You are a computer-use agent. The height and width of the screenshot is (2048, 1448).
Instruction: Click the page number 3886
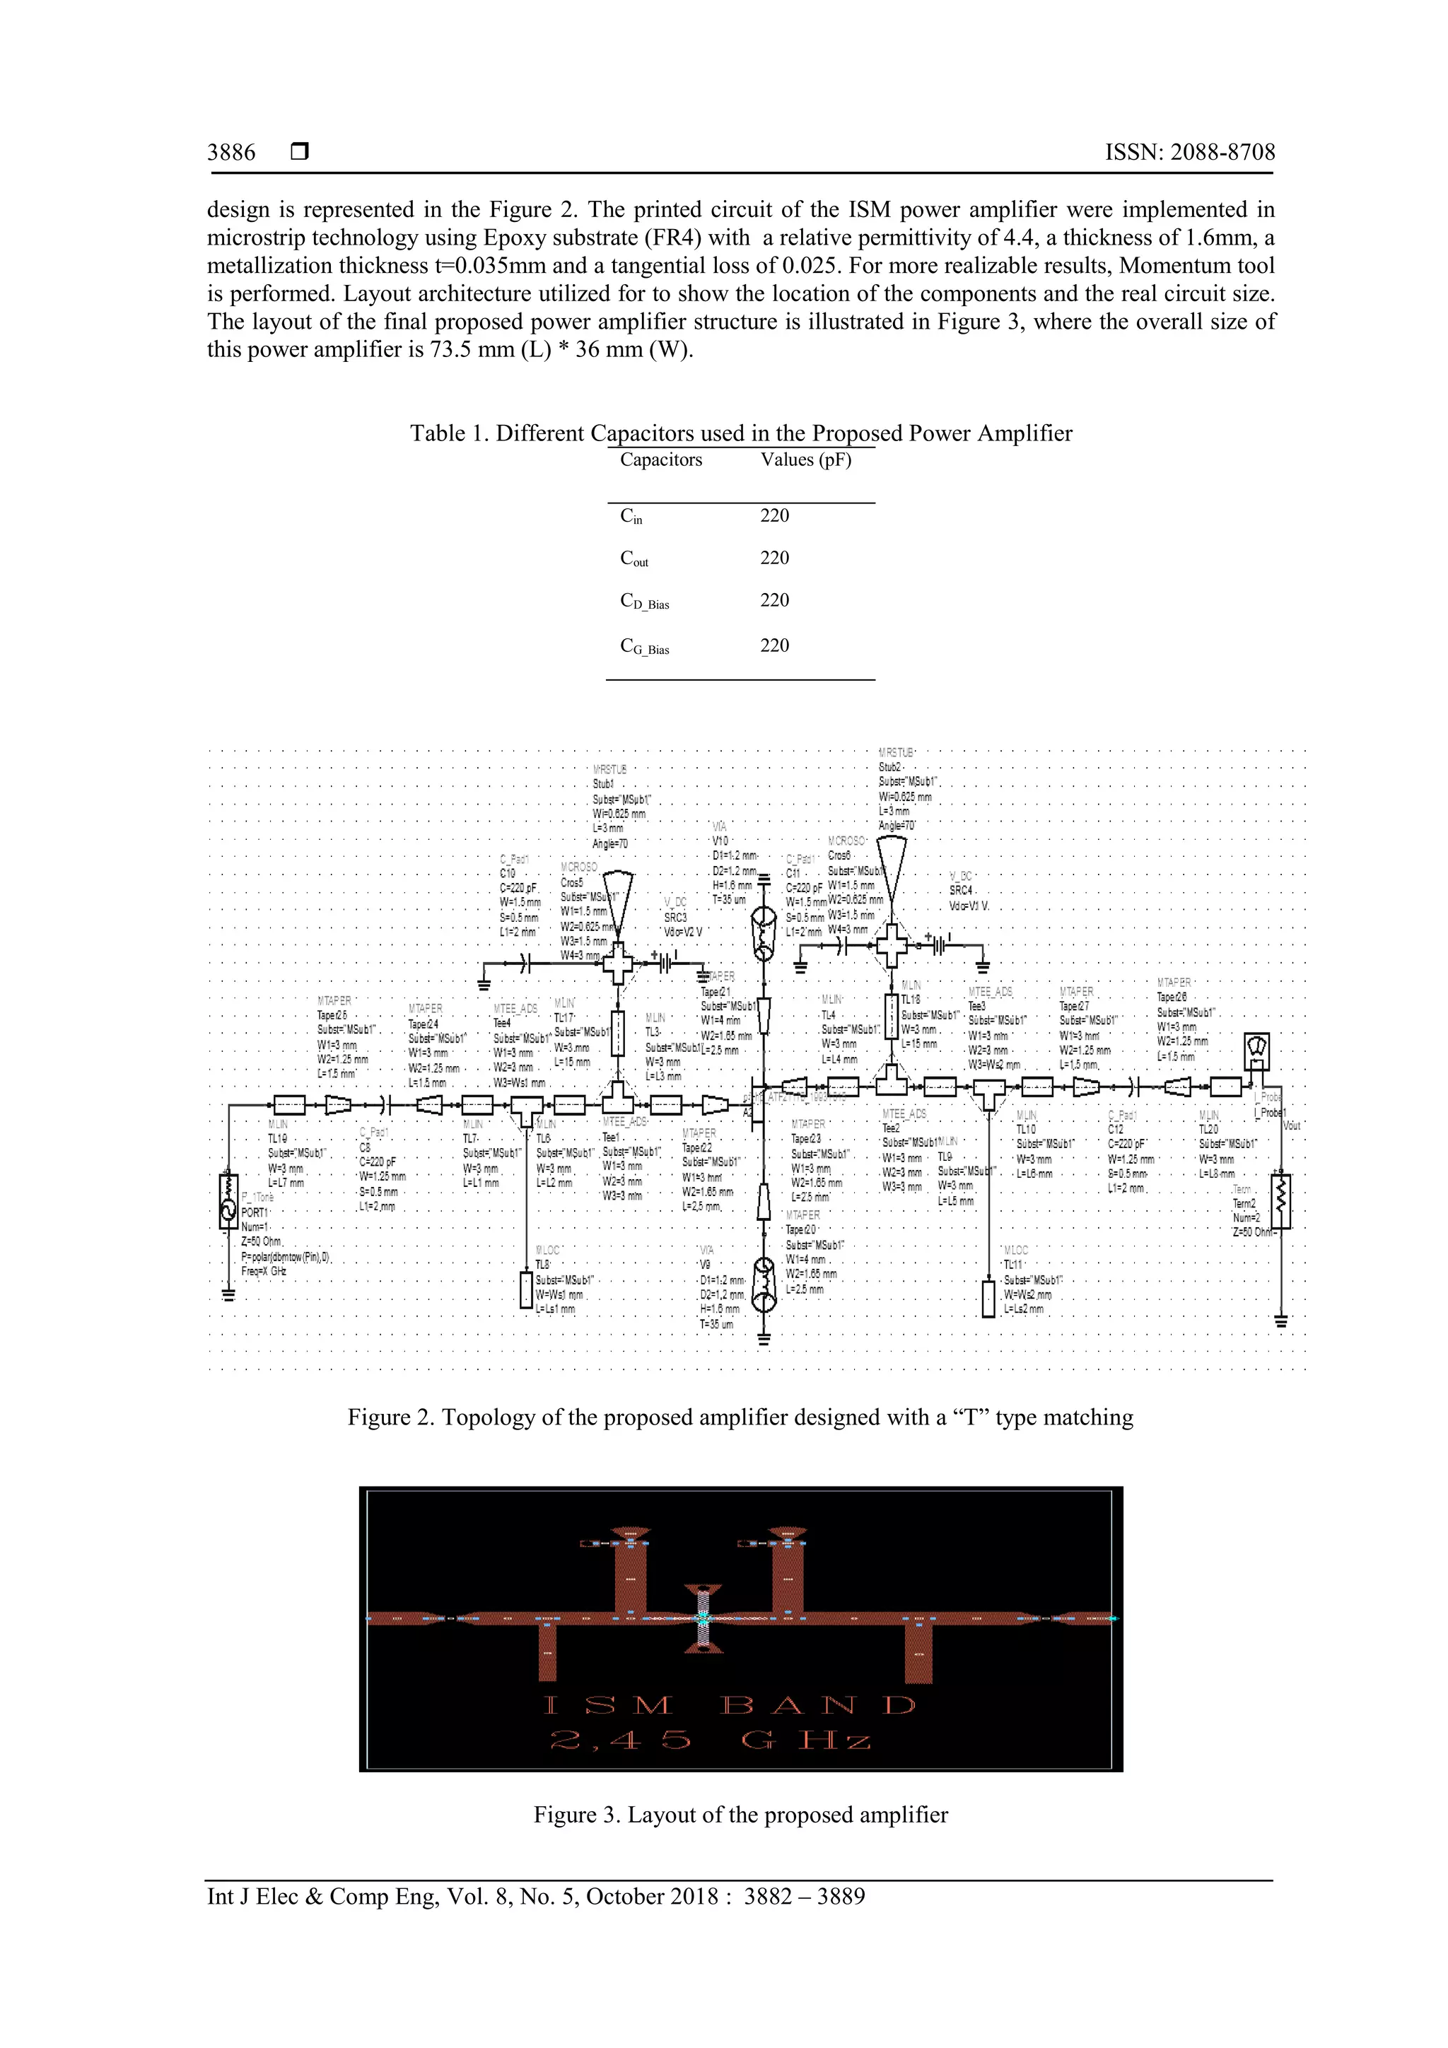coord(231,153)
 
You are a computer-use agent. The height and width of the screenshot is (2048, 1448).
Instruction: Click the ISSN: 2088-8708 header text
coord(1189,153)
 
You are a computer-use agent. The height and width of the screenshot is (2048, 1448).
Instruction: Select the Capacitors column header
coord(660,460)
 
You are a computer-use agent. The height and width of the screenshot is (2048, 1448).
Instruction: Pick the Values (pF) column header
coord(805,460)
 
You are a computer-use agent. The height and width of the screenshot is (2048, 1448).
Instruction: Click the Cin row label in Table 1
coord(631,515)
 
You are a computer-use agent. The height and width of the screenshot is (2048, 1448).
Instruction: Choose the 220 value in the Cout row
coord(774,558)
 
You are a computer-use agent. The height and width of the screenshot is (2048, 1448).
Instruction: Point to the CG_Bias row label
coord(644,647)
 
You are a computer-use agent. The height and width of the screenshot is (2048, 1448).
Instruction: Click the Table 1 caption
coord(740,433)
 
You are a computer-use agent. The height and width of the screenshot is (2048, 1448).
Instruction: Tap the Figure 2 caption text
coord(740,1417)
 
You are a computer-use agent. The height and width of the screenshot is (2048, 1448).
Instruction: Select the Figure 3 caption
coord(740,1814)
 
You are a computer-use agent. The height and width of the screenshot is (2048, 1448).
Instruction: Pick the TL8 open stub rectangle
coord(526,1290)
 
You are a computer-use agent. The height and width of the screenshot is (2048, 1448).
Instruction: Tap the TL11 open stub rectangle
coord(988,1298)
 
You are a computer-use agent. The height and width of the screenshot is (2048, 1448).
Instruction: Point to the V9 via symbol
coord(764,1285)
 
